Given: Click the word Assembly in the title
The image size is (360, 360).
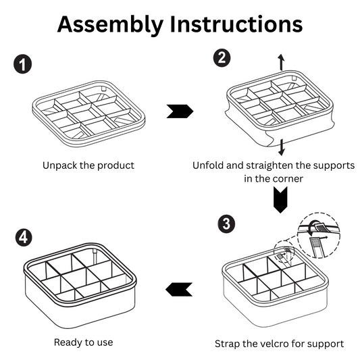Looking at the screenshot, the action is [x=111, y=25].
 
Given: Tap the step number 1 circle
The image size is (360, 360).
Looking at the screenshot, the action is [x=22, y=64].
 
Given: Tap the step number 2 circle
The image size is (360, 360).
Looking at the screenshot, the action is [x=222, y=58].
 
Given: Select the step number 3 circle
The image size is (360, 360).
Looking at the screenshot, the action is [x=226, y=224].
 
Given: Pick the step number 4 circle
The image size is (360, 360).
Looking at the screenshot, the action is [x=24, y=237].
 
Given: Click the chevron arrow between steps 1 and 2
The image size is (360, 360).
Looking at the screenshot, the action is [x=180, y=111].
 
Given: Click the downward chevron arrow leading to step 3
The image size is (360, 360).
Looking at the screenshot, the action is [x=280, y=199].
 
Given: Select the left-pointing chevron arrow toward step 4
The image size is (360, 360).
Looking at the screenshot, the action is [x=179, y=290].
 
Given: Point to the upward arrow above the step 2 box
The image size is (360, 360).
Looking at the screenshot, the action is [x=281, y=62].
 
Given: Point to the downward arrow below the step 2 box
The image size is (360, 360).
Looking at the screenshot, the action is [x=282, y=147].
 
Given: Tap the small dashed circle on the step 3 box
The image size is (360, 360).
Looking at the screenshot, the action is [x=284, y=252].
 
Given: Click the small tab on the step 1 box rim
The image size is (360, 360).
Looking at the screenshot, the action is [x=104, y=88].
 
